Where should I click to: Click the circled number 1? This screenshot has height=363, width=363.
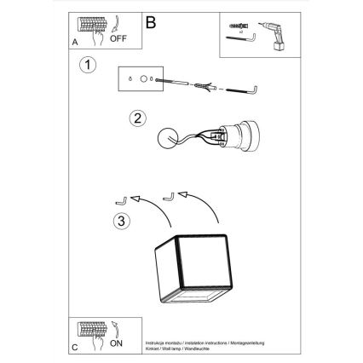tap(85, 65)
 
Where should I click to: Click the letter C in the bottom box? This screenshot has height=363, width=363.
tap(73, 349)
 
